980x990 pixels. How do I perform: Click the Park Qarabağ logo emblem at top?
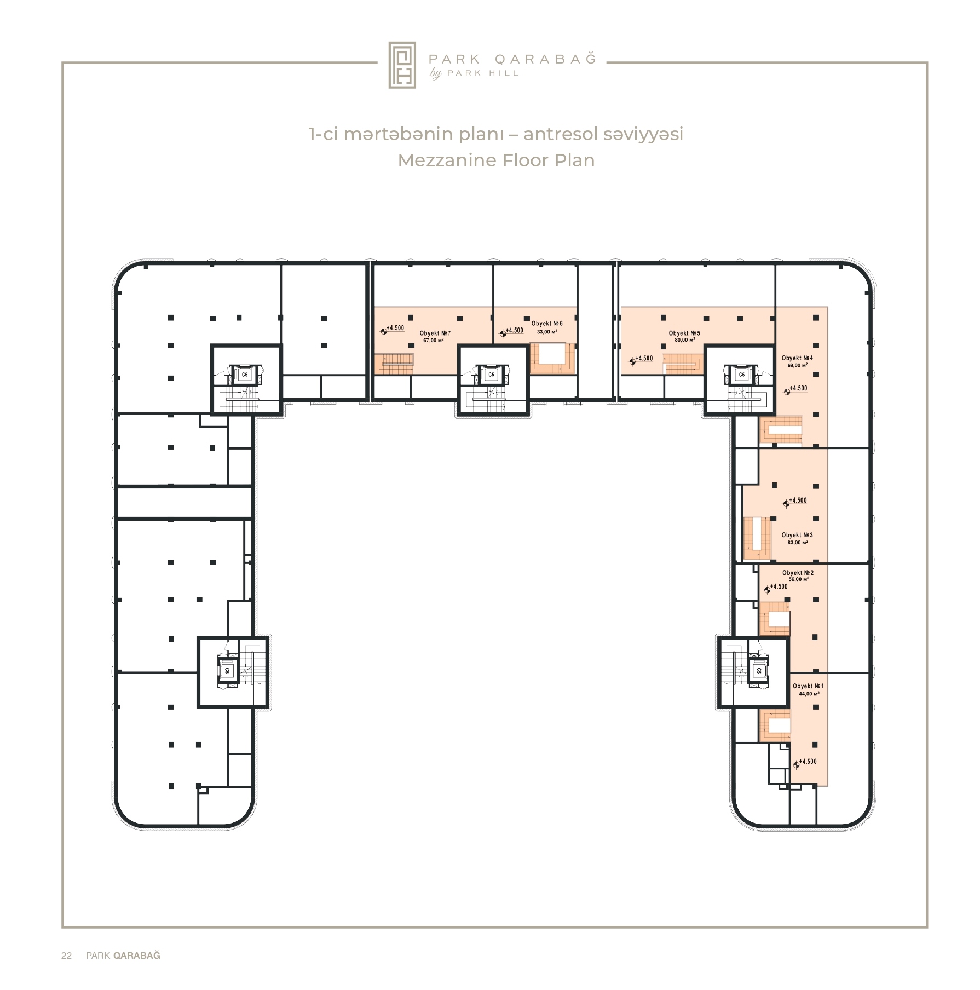pyautogui.click(x=402, y=65)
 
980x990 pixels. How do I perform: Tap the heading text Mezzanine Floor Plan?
pyautogui.click(x=496, y=160)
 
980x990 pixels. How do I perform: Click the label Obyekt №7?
pyautogui.click(x=435, y=333)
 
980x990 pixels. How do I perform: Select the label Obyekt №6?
pyautogui.click(x=547, y=324)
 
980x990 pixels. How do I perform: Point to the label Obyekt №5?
pyautogui.click(x=684, y=333)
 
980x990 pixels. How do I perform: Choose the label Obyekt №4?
pyautogui.click(x=797, y=358)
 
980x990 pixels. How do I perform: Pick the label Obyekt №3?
pyautogui.click(x=797, y=535)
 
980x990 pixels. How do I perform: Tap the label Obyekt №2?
pyautogui.click(x=798, y=573)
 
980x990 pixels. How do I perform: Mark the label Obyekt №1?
pyautogui.click(x=808, y=686)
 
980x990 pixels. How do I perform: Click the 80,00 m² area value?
pyautogui.click(x=685, y=340)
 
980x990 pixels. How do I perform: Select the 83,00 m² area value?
pyautogui.click(x=798, y=543)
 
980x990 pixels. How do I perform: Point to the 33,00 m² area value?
pyautogui.click(x=547, y=332)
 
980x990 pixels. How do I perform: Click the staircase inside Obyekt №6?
pyautogui.click(x=553, y=359)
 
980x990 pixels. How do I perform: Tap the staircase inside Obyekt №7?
pyautogui.click(x=394, y=363)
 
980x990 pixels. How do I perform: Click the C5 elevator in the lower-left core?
pyautogui.click(x=227, y=670)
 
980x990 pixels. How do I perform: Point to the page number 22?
pyautogui.click(x=66, y=956)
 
